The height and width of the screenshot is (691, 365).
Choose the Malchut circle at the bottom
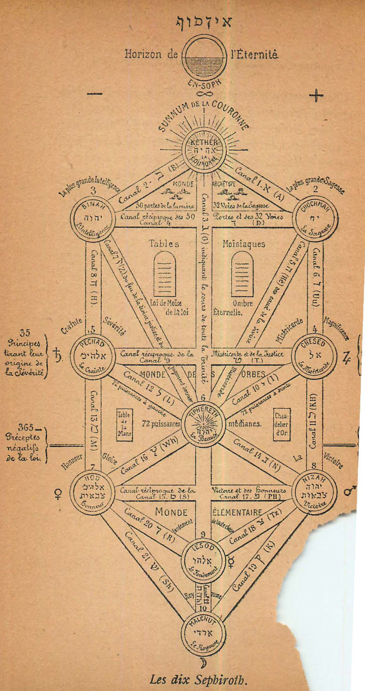click(x=203, y=633)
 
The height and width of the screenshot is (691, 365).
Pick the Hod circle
click(x=93, y=492)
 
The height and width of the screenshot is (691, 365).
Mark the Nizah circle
click(x=315, y=492)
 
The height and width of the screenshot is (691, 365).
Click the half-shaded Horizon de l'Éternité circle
click(x=204, y=58)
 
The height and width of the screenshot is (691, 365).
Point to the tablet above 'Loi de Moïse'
click(x=165, y=274)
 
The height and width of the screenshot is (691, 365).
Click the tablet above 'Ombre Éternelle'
click(x=242, y=274)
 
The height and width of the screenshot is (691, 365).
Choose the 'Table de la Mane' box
click(x=125, y=424)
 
